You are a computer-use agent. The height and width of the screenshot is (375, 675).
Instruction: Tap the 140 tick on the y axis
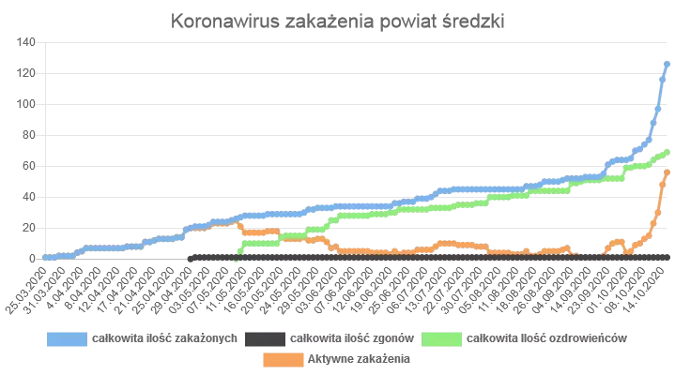(25, 42)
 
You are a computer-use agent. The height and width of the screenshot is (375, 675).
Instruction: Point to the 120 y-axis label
(25, 73)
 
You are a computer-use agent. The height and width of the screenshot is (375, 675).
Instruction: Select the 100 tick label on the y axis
(25, 104)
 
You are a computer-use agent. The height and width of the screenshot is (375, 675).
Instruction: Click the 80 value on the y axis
(28, 135)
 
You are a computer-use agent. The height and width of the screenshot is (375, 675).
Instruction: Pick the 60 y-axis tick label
(28, 166)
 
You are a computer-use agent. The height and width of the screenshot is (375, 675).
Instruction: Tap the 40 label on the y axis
(28, 197)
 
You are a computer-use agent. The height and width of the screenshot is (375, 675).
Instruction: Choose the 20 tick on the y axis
(28, 228)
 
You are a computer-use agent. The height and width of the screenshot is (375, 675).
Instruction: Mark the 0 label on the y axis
(32, 258)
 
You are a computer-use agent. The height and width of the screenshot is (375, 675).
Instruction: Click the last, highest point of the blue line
(667, 64)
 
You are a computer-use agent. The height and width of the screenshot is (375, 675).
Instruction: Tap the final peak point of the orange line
(667, 172)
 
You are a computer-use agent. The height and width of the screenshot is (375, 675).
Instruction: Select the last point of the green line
(667, 152)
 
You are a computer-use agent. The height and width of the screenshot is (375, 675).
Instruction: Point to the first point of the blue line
(44, 257)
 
